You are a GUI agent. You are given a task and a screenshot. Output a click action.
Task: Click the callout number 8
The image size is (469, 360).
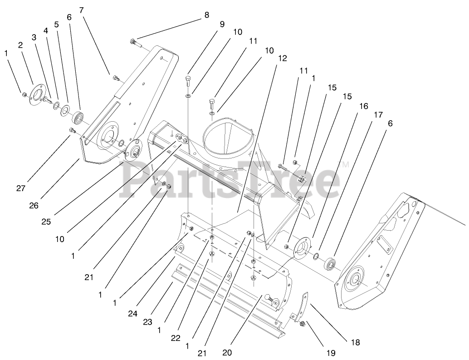[207, 15]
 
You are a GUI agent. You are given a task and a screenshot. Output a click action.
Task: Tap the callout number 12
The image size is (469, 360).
[283, 58]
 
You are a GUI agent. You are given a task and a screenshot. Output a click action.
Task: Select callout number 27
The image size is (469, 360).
[21, 188]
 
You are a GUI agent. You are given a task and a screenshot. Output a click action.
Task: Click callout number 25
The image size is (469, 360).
[46, 222]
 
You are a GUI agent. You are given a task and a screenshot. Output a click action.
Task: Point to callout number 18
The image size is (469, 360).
[355, 343]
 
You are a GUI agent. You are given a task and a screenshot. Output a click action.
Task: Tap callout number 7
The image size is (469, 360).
[81, 10]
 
